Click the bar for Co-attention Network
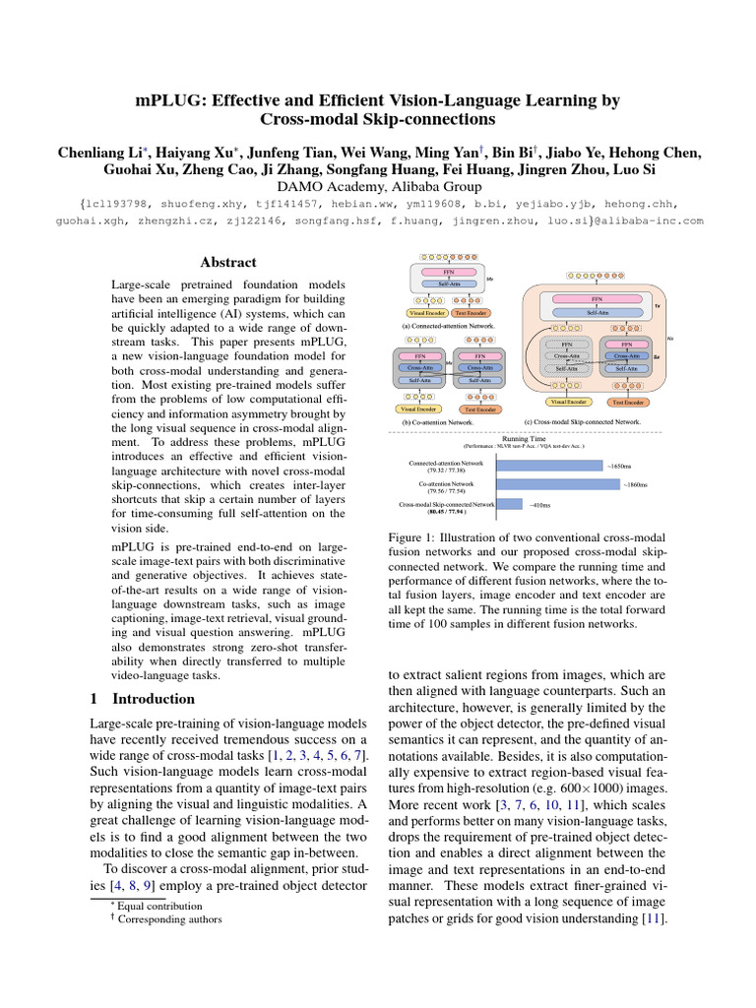tap(555, 484)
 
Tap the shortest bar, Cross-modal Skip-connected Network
tap(509, 505)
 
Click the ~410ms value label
tap(539, 505)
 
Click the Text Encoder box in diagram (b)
tap(479, 409)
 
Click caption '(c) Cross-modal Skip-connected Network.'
tap(583, 421)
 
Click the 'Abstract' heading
tap(228, 263)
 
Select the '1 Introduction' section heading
tap(143, 699)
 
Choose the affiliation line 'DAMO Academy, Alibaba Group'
tap(378, 185)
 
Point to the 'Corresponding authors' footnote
tap(166, 919)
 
